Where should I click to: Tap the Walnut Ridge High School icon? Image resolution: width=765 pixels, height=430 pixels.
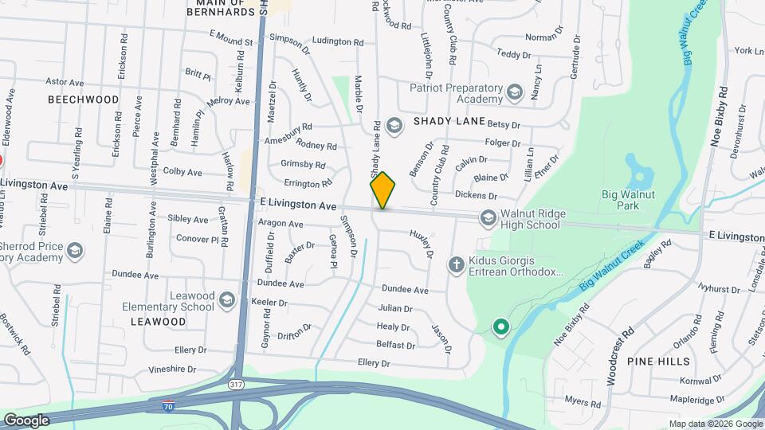(x=487, y=217)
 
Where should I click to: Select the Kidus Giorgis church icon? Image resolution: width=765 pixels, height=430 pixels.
(x=457, y=265)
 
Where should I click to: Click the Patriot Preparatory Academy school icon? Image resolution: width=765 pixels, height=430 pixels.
(x=514, y=93)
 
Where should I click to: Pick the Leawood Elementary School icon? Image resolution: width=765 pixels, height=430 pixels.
(x=227, y=299)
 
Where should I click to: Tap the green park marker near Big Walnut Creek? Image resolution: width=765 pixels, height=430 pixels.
(x=500, y=326)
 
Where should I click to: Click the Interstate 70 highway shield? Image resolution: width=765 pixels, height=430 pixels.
(x=167, y=406)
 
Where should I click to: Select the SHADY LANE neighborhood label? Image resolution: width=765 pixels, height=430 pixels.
(x=449, y=121)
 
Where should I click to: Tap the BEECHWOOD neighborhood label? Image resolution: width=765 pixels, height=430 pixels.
(x=83, y=100)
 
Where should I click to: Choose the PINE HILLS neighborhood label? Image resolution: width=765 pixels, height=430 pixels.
(x=658, y=362)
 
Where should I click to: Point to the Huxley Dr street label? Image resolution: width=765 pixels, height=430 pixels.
(x=421, y=244)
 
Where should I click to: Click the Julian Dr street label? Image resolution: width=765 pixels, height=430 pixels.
(x=395, y=308)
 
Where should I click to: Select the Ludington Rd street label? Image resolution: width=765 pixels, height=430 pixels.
(x=338, y=41)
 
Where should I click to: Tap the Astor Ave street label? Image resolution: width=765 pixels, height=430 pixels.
(x=65, y=82)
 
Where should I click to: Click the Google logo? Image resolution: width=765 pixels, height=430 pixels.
(x=26, y=420)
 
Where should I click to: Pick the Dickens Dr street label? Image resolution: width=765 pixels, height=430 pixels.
(x=476, y=195)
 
